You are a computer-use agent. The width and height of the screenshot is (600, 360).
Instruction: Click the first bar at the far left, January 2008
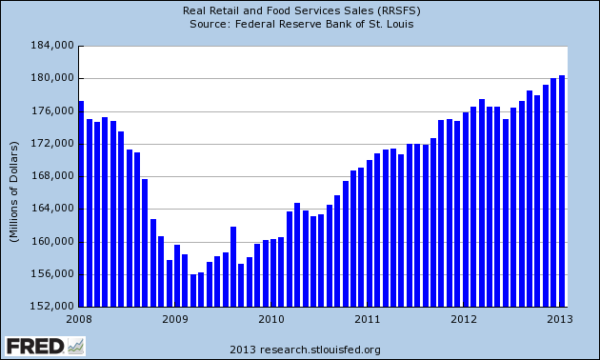tap(81, 204)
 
